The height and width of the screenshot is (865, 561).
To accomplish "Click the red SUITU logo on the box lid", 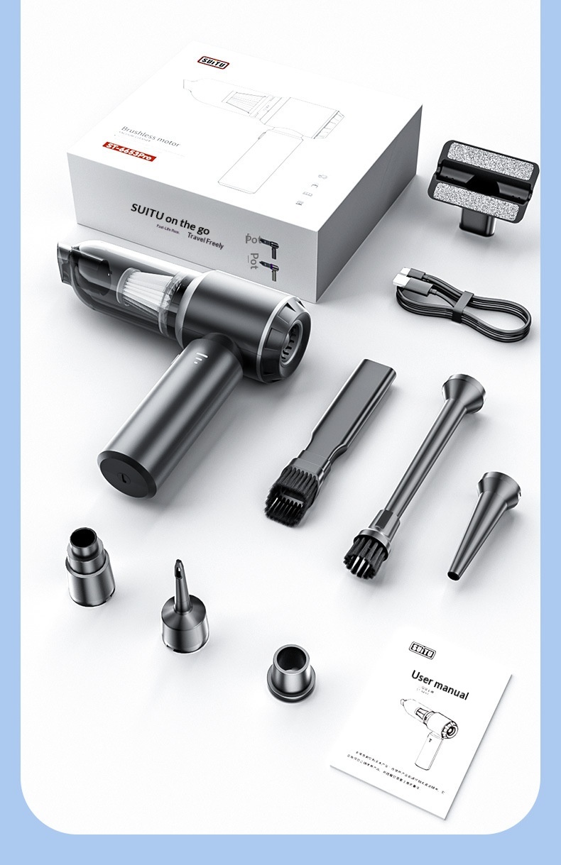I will pyautogui.click(x=213, y=62).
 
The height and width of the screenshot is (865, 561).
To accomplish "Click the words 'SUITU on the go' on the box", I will pyautogui.click(x=170, y=215).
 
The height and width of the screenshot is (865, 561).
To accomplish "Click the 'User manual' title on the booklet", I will pyautogui.click(x=440, y=683).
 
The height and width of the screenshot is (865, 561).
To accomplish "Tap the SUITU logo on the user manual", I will pyautogui.click(x=423, y=649).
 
